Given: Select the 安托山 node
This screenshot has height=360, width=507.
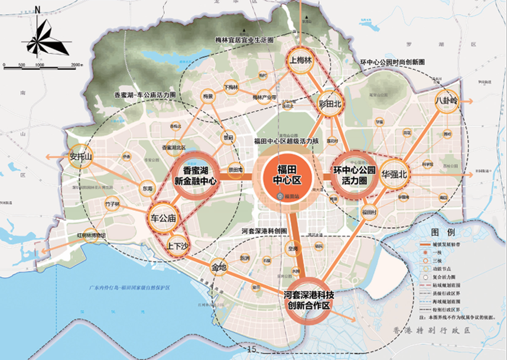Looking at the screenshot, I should [82, 158].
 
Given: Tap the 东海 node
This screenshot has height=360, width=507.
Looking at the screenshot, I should [148, 189].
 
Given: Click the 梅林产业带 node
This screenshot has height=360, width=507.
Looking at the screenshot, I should [261, 96].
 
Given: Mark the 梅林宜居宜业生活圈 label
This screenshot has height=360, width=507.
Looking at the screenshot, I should [245, 40].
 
